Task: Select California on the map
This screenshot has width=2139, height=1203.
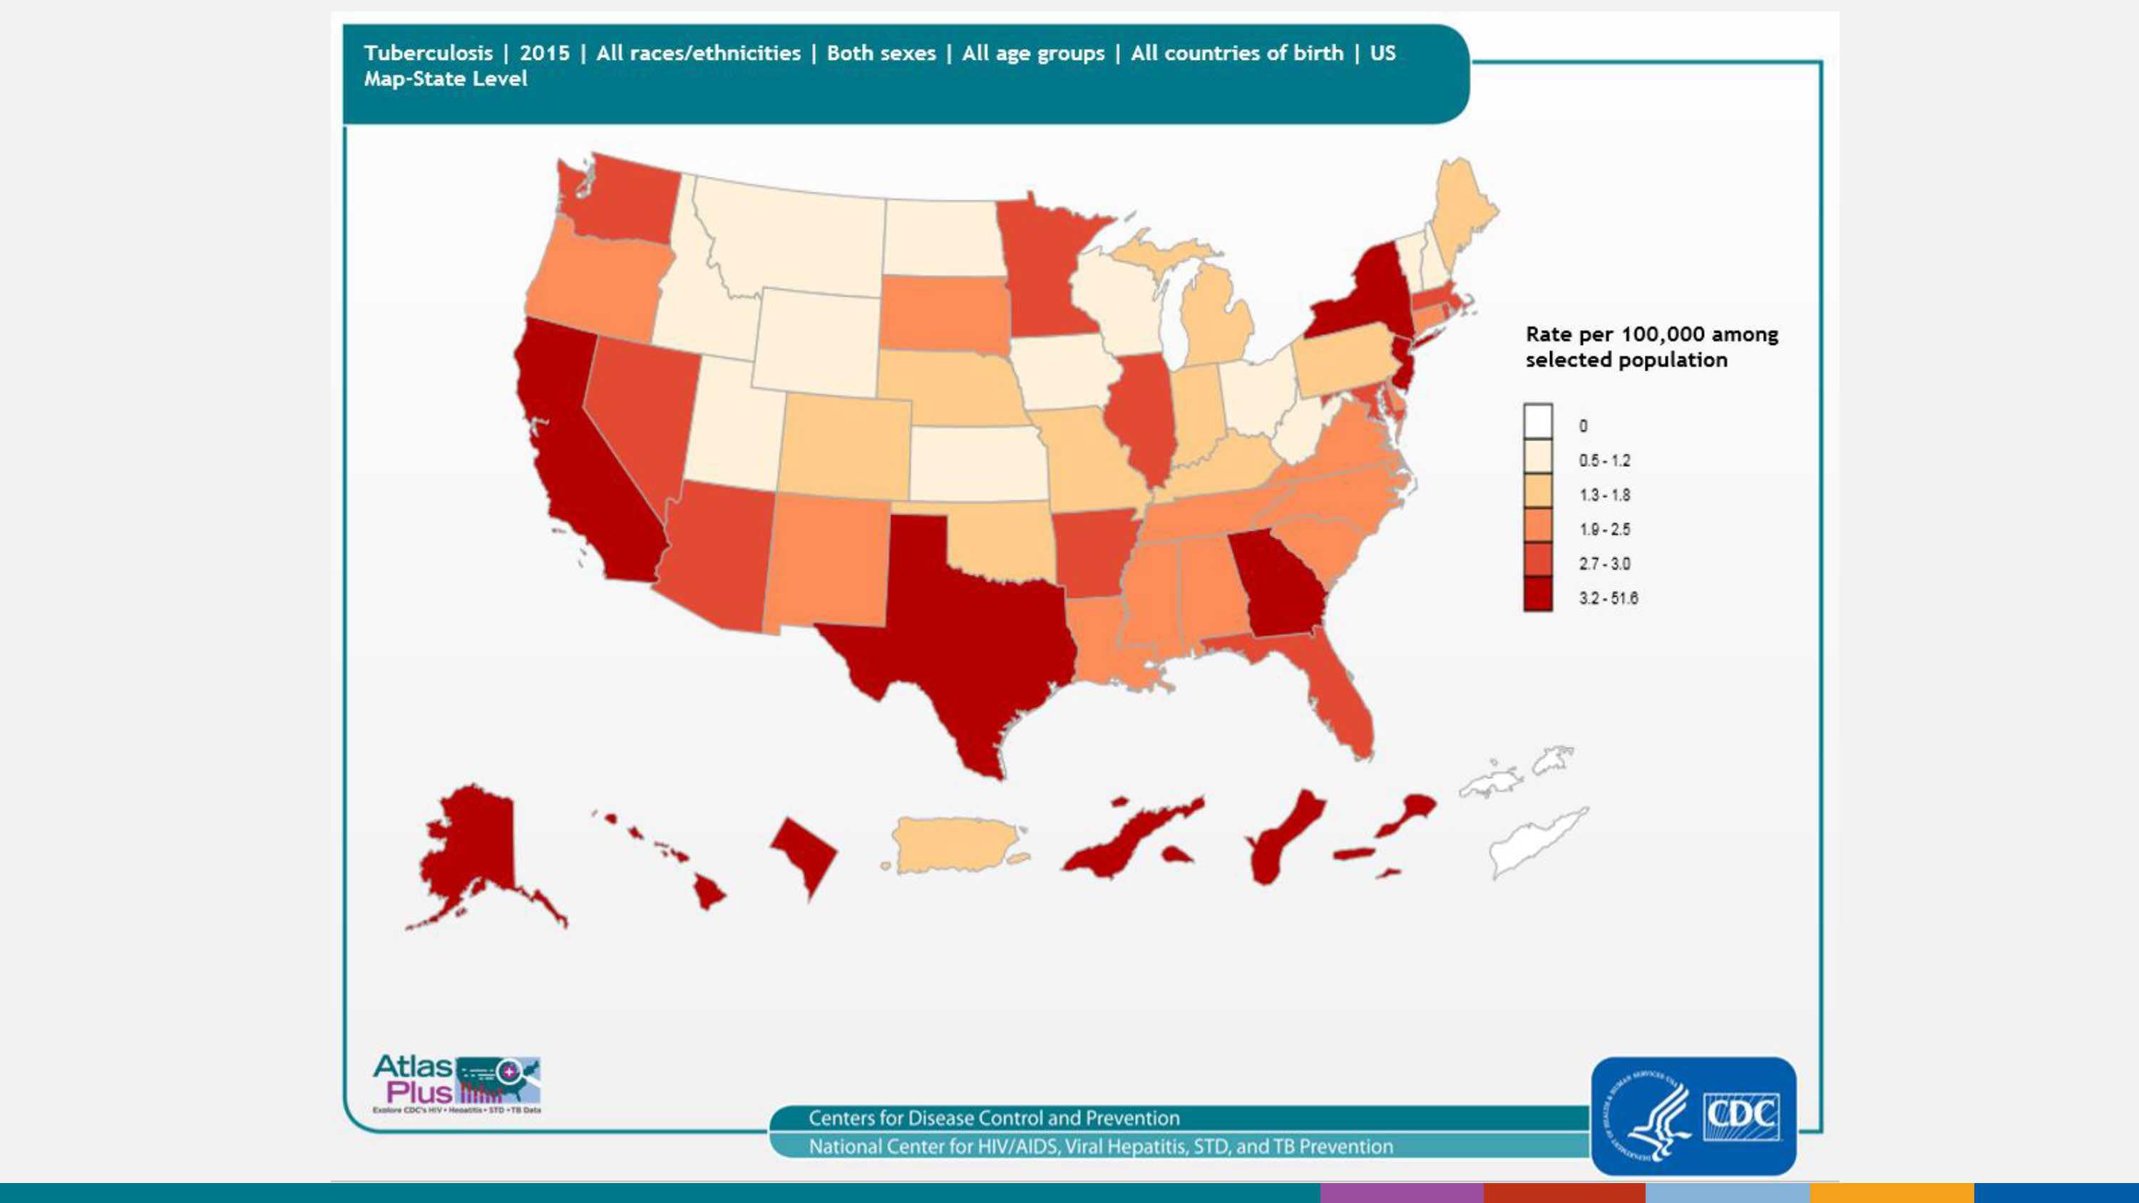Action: tap(573, 465)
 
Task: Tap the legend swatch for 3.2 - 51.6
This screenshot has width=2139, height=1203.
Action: tap(1537, 595)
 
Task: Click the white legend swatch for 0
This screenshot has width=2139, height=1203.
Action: tap(1537, 422)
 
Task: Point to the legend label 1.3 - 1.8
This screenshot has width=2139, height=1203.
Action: tap(1604, 495)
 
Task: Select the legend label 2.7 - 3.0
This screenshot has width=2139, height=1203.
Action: tap(1604, 564)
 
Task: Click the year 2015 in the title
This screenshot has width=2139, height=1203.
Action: tap(545, 53)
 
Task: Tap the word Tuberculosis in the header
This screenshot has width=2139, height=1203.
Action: tap(429, 53)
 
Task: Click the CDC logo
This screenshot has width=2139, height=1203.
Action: tap(1694, 1116)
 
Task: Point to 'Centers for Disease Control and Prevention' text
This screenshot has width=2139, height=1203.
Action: tap(994, 1117)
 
